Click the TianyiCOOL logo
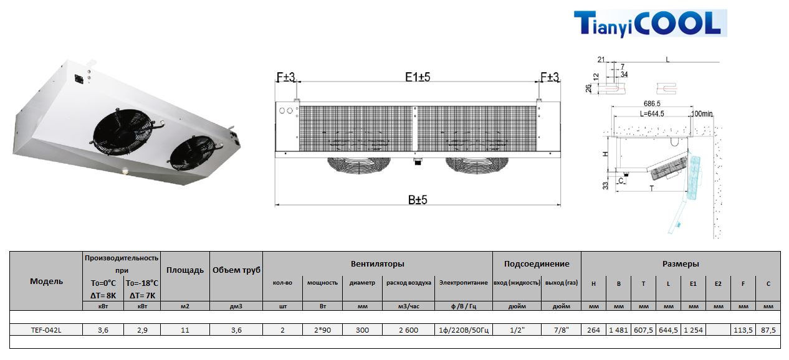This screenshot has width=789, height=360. coord(650,23)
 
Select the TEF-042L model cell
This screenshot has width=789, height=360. coord(46,330)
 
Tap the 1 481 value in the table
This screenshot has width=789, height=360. coord(618,330)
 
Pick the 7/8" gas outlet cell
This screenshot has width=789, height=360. coord(561,330)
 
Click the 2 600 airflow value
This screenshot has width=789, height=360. coord(409,330)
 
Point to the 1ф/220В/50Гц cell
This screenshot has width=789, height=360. coord(464,330)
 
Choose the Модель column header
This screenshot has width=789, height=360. coord(47,281)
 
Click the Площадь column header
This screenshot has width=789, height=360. coord(185,270)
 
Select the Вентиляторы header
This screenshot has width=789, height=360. coord(377,263)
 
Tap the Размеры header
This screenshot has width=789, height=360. coord(681,263)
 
